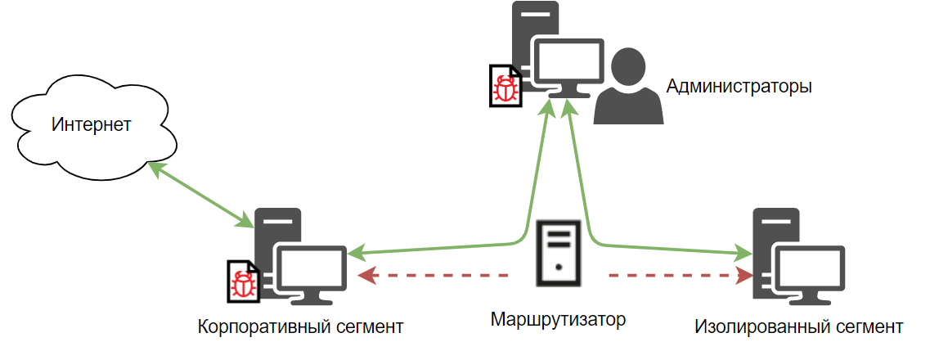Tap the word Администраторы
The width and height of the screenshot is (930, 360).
tap(739, 86)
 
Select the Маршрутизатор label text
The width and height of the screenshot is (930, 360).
tap(558, 318)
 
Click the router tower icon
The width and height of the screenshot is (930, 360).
tap(558, 253)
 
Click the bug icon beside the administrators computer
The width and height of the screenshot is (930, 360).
tap(505, 86)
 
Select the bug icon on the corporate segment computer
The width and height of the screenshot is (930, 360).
tap(243, 283)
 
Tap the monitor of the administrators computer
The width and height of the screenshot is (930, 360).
tap(569, 65)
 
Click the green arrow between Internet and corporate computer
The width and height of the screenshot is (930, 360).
tap(200, 194)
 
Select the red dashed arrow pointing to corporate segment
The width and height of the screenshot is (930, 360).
tap(434, 276)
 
